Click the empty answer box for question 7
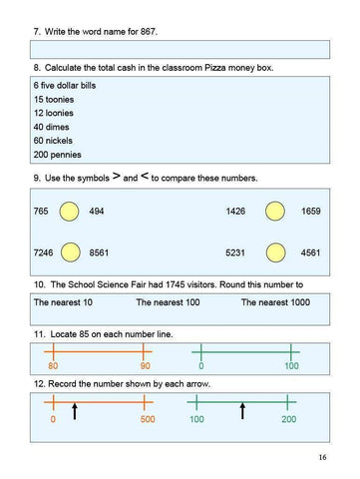(x=180, y=48)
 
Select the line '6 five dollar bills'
(x=61, y=88)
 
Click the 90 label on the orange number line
(x=145, y=367)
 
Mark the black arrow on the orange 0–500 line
(x=75, y=410)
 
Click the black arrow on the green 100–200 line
(x=242, y=410)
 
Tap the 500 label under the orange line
(x=146, y=419)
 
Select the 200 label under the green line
(x=288, y=419)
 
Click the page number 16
(x=322, y=457)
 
